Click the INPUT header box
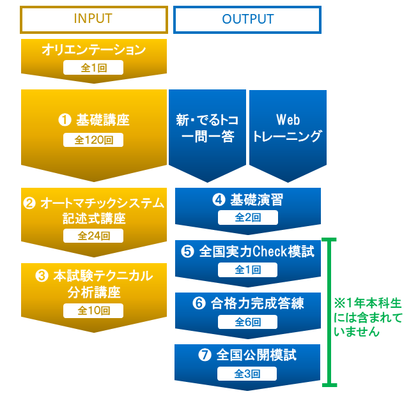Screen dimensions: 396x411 coord(93,19)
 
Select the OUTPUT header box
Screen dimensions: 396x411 coord(247,19)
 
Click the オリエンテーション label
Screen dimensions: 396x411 coord(94,50)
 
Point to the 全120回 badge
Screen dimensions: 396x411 coord(93,140)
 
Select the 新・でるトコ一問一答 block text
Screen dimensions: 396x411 coord(205,128)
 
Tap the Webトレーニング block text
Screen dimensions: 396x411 coord(288,128)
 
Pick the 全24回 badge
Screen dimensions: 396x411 coord(93,236)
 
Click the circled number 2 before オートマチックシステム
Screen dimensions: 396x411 coord(29,204)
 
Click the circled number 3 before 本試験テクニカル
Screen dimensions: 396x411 coord(42,277)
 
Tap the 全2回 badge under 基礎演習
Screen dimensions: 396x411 coord(247,218)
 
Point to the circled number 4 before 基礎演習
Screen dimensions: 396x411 coord(218,200)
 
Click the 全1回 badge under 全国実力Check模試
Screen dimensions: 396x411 coord(247,270)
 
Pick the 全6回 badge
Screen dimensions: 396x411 coord(247,322)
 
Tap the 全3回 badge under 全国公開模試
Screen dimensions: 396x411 coord(247,374)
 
